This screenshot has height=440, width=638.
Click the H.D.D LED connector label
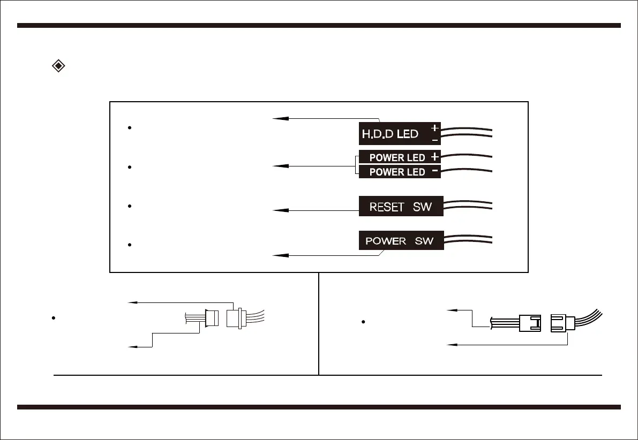click(x=390, y=134)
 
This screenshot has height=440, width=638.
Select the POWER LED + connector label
click(x=397, y=157)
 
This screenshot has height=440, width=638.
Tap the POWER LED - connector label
click(x=397, y=172)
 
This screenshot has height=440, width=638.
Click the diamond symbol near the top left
click(x=58, y=66)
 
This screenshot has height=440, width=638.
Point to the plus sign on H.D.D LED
click(x=434, y=128)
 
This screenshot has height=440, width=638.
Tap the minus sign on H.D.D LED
click(x=434, y=140)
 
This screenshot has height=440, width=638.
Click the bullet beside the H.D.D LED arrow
click(x=130, y=128)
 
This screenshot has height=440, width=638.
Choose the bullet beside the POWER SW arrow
click(x=130, y=244)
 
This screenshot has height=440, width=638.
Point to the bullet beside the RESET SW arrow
click(x=130, y=206)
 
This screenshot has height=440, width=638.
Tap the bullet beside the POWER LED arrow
click(x=130, y=168)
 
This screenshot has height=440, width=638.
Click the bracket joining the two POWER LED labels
click(x=356, y=165)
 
